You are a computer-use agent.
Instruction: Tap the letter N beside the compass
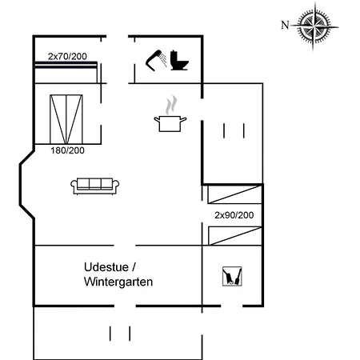(284, 24)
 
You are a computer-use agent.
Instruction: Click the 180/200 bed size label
(66, 150)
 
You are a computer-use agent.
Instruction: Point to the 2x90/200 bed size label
(234, 215)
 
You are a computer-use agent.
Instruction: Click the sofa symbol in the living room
(95, 186)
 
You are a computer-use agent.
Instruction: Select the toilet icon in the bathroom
(178, 61)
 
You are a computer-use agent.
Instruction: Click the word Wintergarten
(118, 282)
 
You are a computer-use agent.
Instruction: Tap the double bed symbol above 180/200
(66, 118)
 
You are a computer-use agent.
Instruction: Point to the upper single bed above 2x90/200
(234, 194)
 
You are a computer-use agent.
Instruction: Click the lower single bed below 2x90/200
(234, 234)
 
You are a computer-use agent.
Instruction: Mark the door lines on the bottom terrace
(119, 333)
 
